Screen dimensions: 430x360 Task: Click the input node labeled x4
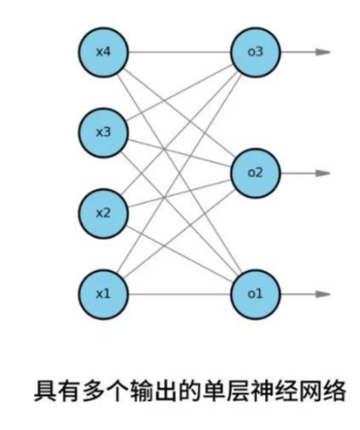[104, 51]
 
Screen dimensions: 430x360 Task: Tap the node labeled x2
[104, 212]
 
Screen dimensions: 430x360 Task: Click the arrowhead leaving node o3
[324, 51]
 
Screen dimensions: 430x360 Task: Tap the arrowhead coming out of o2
[324, 173]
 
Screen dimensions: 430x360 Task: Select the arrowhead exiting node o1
[324, 292]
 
